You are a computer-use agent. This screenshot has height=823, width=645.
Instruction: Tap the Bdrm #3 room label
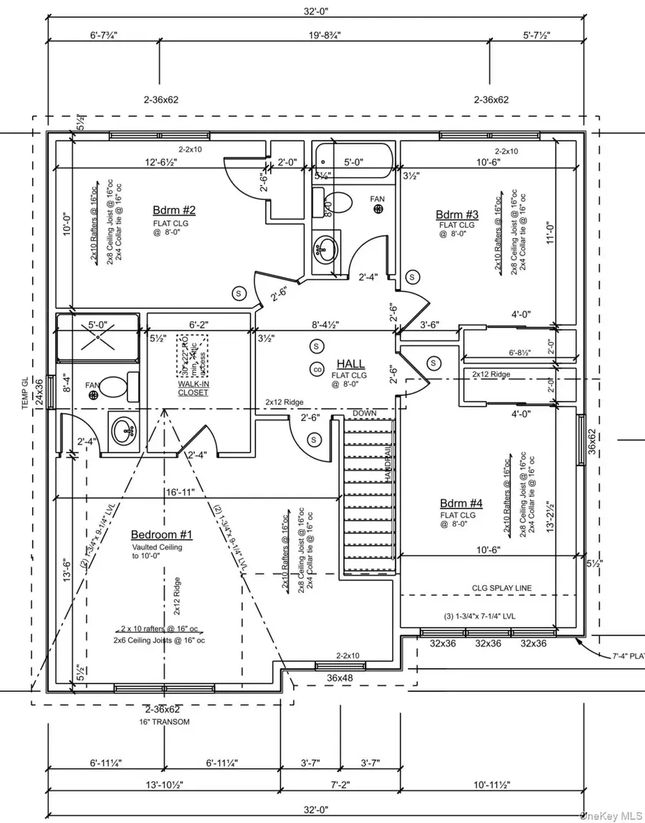click(457, 214)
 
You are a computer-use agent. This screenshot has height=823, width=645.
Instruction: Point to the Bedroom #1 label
click(161, 535)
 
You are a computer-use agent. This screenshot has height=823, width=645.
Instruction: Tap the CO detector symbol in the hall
click(316, 370)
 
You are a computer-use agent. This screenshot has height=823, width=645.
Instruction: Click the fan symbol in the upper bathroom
click(378, 208)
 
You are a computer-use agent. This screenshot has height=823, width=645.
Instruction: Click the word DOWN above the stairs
click(365, 414)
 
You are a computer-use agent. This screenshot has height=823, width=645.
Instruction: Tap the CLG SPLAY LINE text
click(502, 588)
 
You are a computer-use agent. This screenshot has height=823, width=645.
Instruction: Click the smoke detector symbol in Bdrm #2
click(238, 292)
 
